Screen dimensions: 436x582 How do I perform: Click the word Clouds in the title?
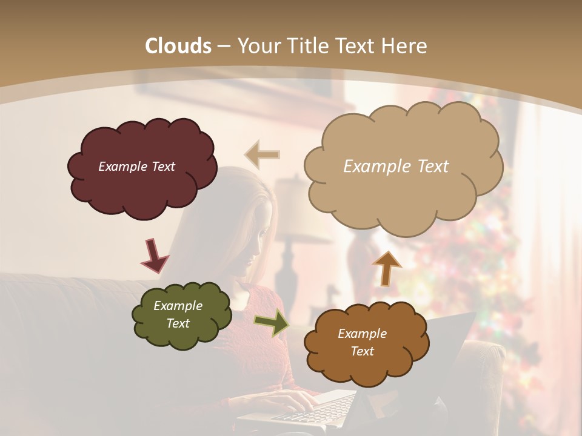[x=178, y=46]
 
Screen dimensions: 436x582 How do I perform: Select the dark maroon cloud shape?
[x=142, y=188]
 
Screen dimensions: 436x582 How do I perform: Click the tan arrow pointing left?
[x=262, y=154]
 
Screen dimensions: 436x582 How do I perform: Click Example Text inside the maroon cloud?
[x=136, y=167]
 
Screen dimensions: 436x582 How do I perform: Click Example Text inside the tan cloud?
[x=396, y=167]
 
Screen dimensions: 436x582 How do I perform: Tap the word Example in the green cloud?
[x=178, y=306]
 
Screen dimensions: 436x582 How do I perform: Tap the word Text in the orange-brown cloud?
[x=362, y=351]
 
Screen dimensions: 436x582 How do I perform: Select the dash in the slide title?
[x=224, y=47]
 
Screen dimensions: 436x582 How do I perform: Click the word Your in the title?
[x=258, y=46]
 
